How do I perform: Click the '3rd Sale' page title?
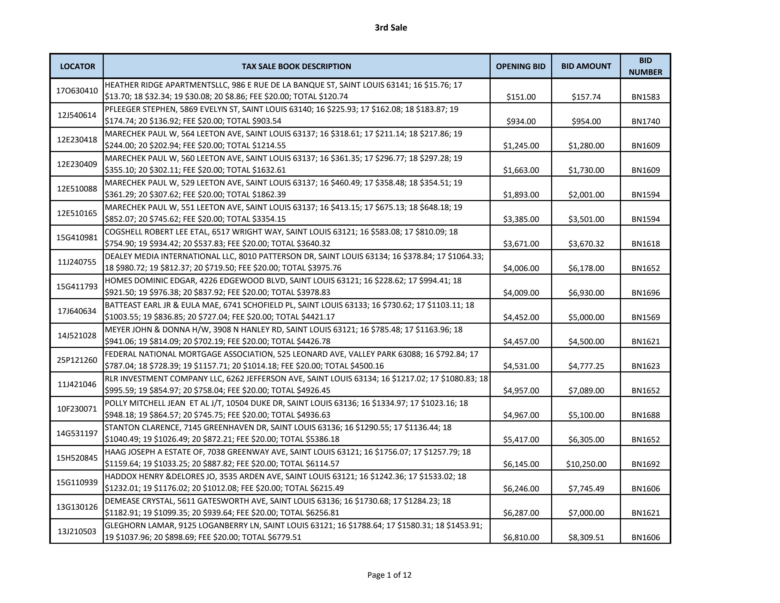(x=391, y=27)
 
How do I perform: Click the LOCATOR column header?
(x=77, y=67)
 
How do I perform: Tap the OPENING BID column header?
(x=520, y=67)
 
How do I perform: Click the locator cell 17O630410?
(x=77, y=91)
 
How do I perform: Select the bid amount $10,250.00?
(x=586, y=464)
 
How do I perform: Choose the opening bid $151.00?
(x=521, y=97)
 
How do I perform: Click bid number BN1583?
(x=645, y=97)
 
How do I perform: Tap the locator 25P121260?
(x=77, y=360)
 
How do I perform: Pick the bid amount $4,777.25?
(x=586, y=366)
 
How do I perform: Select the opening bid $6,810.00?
(x=521, y=537)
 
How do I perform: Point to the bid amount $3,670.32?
(x=586, y=244)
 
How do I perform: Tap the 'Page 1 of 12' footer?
(x=389, y=575)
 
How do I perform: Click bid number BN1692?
(x=645, y=464)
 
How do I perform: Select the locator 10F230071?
(x=77, y=409)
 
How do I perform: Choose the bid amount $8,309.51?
(x=586, y=537)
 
